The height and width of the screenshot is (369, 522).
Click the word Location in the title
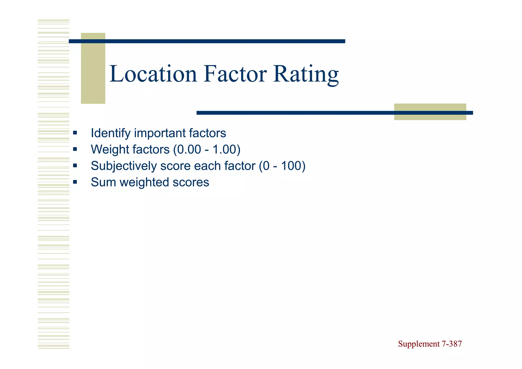click(x=153, y=74)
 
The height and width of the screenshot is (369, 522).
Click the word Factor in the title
click(x=235, y=74)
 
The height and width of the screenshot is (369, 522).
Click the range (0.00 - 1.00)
click(x=207, y=149)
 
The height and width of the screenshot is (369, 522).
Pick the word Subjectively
click(x=124, y=166)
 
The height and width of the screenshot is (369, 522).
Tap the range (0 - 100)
click(x=282, y=166)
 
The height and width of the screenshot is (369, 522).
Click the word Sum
click(x=104, y=182)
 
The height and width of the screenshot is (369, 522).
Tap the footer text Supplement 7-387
click(x=430, y=344)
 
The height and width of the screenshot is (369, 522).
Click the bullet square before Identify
click(x=75, y=133)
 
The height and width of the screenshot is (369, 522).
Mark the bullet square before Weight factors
click(x=75, y=149)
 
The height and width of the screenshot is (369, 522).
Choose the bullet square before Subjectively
click(x=75, y=166)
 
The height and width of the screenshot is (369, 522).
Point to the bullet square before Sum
click(x=75, y=182)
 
